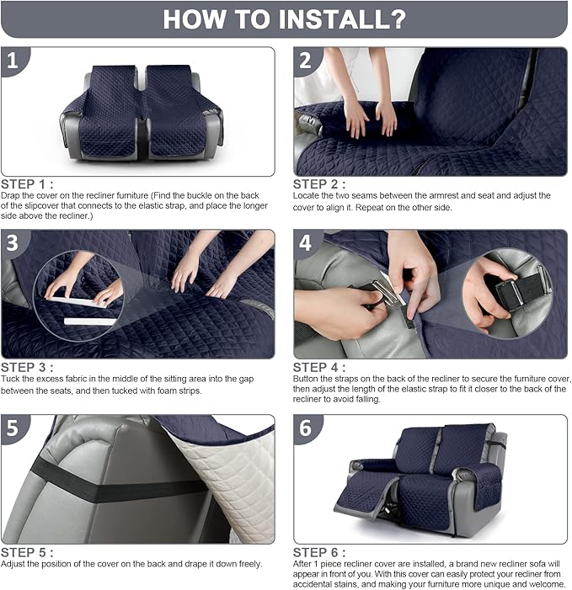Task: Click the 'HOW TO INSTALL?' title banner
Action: coord(285,19)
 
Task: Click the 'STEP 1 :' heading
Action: coord(28,183)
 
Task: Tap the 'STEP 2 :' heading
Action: coord(319,183)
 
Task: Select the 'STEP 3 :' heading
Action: coord(28,367)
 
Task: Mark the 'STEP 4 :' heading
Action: coord(319,367)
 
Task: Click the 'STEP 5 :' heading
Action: coord(28,552)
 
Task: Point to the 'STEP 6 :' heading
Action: coord(319,552)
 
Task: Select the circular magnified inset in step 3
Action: coord(80,298)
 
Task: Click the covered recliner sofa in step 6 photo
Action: coord(421,476)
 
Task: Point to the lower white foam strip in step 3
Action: coord(90,322)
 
